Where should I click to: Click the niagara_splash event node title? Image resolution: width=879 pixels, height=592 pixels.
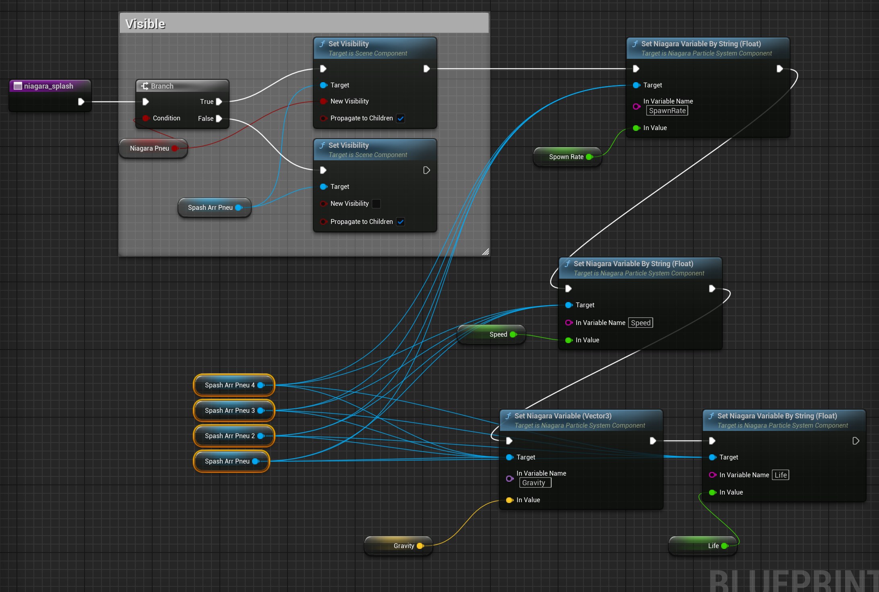[x=49, y=86]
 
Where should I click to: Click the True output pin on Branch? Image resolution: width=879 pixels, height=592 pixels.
[x=219, y=101]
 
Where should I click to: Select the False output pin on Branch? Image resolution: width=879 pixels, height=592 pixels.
[x=219, y=118]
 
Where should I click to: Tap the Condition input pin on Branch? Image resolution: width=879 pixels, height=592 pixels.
[x=146, y=118]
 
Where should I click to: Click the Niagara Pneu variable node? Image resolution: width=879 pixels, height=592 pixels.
[x=150, y=149]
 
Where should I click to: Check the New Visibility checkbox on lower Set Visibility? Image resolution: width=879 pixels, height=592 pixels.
[x=376, y=204]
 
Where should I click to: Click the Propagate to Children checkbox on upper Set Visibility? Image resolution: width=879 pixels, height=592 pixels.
[x=400, y=118]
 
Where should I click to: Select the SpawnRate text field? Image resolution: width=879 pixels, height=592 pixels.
[x=667, y=111]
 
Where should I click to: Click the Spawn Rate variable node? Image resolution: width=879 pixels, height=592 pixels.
[x=566, y=157]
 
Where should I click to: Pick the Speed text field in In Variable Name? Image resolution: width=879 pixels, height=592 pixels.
[x=640, y=323]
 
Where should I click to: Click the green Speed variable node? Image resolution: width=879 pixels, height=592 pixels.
[x=498, y=335]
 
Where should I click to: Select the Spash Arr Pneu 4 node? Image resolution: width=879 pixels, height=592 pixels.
[x=230, y=385]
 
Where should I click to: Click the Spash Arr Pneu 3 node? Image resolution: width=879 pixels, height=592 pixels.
[x=230, y=411]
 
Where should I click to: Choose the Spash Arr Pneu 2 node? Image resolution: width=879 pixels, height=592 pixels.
[x=230, y=436]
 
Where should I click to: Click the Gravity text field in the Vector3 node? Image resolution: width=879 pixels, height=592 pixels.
[x=535, y=483]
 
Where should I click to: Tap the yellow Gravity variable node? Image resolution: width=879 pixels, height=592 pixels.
[x=403, y=546]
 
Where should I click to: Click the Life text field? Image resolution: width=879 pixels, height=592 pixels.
[x=780, y=475]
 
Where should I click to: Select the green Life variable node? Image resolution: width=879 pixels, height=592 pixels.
[x=713, y=546]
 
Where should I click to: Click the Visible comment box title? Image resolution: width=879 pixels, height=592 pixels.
[x=145, y=24]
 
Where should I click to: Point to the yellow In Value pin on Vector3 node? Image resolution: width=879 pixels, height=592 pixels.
[x=509, y=500]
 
